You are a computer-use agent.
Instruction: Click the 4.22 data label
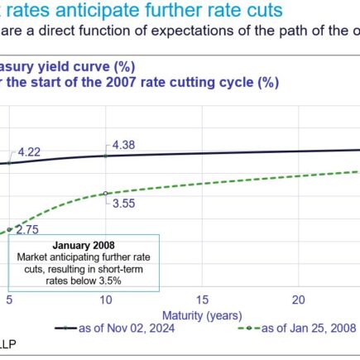[29, 151]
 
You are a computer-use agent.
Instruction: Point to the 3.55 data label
[124, 203]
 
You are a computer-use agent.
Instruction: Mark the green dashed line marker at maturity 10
[105, 193]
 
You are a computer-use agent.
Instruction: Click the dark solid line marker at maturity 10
[105, 156]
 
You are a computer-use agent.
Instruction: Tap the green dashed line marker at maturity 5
[9, 228]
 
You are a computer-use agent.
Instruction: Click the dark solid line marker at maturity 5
[9, 163]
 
